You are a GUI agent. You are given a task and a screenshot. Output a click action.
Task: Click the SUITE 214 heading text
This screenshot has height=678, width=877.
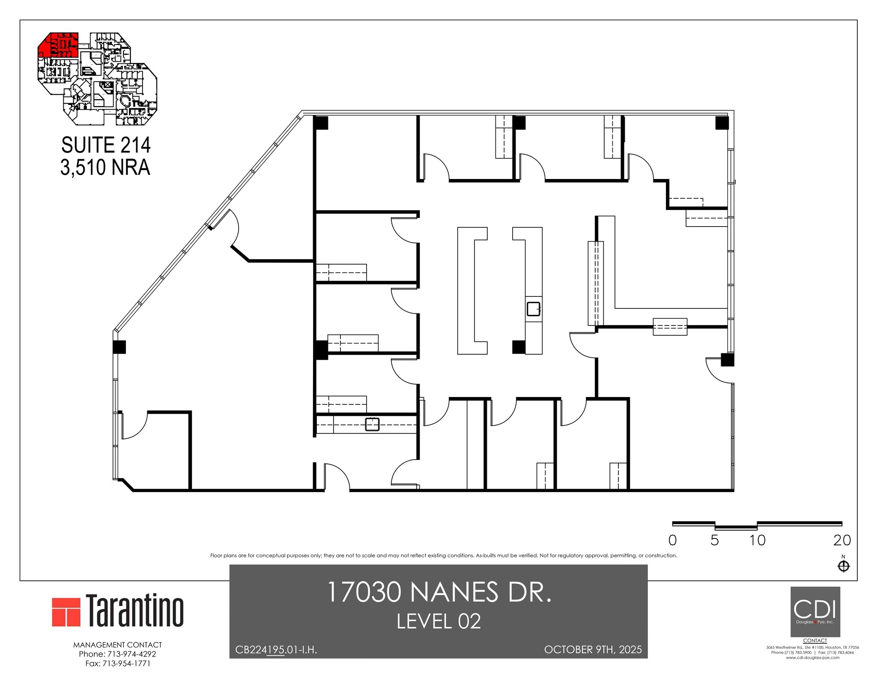106,145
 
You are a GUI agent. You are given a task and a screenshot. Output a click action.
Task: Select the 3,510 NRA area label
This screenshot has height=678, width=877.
105,167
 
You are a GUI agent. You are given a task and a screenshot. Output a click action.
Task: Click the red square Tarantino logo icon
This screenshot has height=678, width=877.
66,612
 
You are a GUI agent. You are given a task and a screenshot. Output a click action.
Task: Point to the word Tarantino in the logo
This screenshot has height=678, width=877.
135,610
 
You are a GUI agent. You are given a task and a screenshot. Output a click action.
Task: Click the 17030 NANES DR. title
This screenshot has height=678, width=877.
438,592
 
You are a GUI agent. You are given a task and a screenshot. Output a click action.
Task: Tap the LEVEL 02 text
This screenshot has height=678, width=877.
438,621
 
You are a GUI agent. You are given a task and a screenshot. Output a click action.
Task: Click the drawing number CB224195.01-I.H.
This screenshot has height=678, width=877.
276,650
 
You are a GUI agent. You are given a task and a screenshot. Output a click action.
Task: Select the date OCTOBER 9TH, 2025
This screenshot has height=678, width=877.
593,650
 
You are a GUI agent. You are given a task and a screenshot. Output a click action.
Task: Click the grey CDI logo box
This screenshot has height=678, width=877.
815,612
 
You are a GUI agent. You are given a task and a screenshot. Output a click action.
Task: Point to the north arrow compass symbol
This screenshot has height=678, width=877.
843,566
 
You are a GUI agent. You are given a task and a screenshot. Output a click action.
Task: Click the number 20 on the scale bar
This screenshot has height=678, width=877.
842,541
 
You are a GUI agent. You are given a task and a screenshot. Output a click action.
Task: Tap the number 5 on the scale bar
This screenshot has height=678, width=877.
715,541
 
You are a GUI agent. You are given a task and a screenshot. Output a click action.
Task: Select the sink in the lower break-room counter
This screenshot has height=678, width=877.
372,424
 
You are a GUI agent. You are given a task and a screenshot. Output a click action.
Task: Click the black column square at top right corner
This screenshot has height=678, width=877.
722,123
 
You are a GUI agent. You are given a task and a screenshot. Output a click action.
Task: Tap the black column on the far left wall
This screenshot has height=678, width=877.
119,346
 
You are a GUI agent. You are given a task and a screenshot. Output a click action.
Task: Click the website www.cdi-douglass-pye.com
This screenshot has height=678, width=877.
812,669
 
